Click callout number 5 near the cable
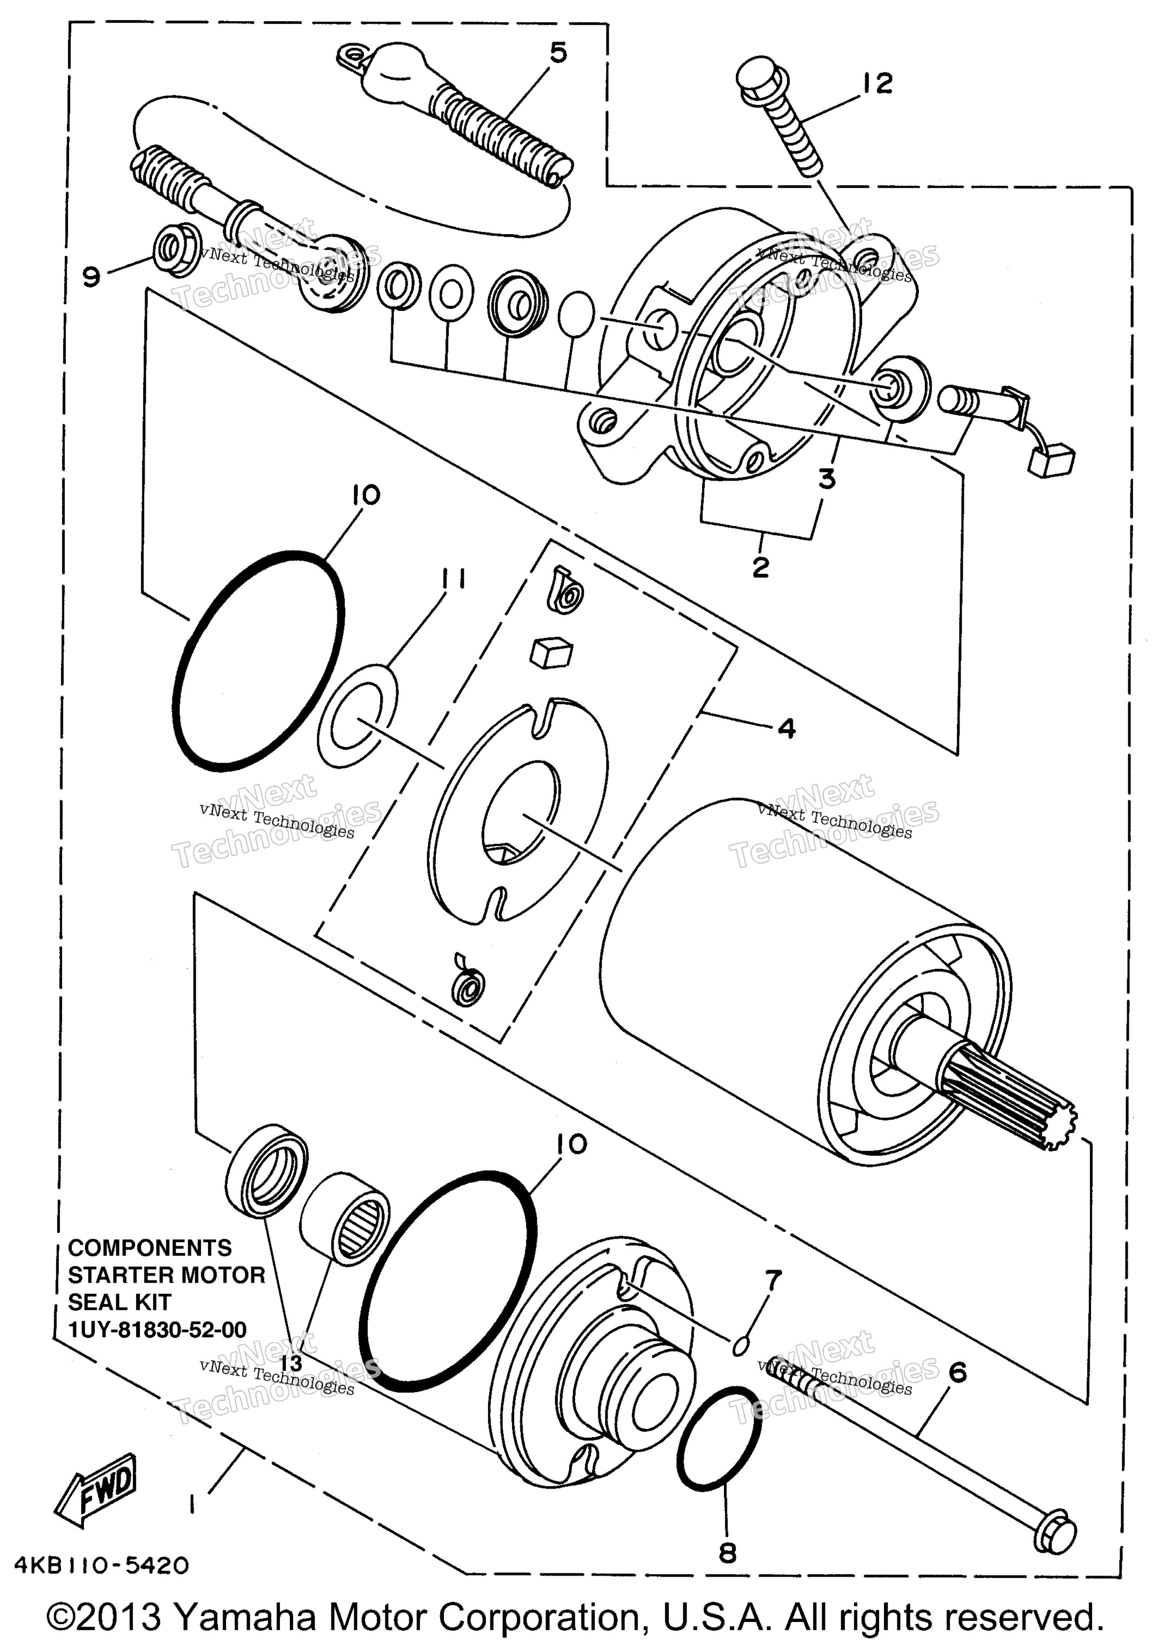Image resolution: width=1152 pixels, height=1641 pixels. click(x=558, y=53)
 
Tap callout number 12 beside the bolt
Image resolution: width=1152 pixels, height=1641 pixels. click(x=877, y=84)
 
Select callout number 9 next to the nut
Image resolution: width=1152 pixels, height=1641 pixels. click(x=91, y=276)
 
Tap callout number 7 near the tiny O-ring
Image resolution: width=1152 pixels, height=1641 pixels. click(x=773, y=1277)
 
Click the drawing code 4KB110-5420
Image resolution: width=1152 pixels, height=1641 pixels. click(x=99, y=1565)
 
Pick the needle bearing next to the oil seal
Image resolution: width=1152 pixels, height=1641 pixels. click(x=345, y=1216)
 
